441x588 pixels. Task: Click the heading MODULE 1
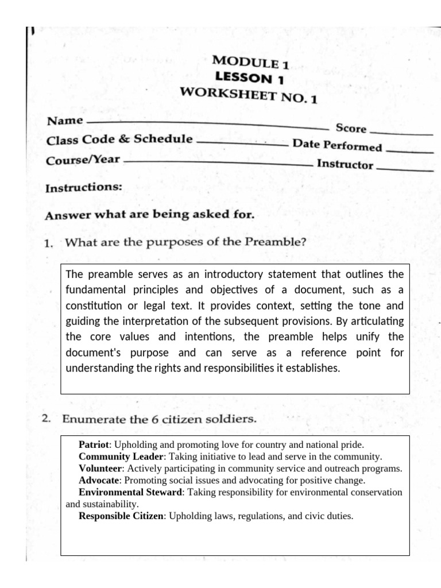tap(250, 62)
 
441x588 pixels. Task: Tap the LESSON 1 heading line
tap(249, 78)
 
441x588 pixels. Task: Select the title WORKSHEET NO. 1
tap(248, 94)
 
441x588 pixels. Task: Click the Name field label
tap(64, 121)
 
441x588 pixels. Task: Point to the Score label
tap(351, 128)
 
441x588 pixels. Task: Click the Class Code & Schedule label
tap(119, 140)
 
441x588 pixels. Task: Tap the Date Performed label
tap(337, 145)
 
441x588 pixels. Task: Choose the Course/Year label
tap(83, 159)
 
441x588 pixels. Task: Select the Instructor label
tap(345, 164)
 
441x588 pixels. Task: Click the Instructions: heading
tap(84, 187)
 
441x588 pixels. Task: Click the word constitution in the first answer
tap(93, 305)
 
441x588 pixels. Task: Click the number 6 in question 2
tap(154, 419)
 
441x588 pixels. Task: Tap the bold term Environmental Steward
tap(130, 492)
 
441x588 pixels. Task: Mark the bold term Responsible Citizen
tap(121, 516)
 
